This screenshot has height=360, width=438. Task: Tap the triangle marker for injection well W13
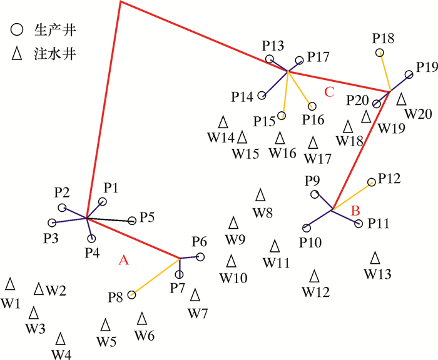point(375,257)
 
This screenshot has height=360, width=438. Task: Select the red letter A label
point(123,262)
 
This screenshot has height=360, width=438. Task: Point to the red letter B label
point(355,211)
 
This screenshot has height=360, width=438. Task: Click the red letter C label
point(330,92)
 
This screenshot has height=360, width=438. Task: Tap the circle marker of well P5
point(132,221)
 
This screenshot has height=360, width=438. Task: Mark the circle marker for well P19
point(409,74)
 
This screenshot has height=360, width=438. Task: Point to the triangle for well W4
point(61,339)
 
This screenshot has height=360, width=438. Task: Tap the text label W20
point(417,114)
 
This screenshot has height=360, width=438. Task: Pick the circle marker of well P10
point(305,227)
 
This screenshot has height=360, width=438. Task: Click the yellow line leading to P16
point(298,88)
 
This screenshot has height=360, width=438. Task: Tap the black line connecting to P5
point(109,219)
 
